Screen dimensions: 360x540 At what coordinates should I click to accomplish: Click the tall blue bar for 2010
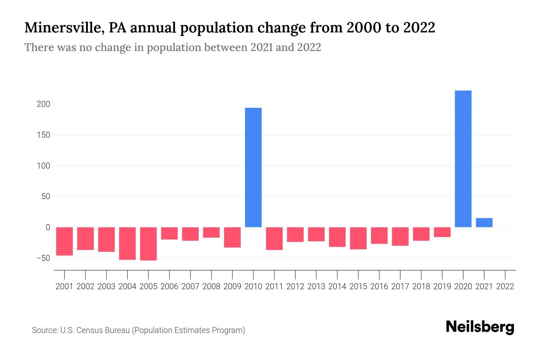click(x=253, y=167)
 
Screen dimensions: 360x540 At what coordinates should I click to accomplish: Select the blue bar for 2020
click(x=463, y=159)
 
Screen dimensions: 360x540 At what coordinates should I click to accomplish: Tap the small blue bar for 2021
click(x=484, y=223)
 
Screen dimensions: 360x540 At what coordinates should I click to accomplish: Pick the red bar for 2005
click(x=148, y=244)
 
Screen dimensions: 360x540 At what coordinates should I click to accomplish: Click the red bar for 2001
click(x=64, y=241)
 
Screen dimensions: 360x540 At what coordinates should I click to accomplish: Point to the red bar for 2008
click(x=211, y=232)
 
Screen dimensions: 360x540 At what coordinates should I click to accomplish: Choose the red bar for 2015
click(x=358, y=238)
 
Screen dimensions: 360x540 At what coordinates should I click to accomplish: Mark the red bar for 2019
click(x=442, y=232)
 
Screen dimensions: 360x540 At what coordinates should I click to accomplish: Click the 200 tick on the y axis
click(x=43, y=104)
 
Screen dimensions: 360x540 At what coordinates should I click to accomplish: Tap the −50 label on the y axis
click(x=43, y=258)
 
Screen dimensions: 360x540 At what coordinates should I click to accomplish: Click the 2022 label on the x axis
click(x=505, y=286)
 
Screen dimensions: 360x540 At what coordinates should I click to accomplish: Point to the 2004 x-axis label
click(x=127, y=286)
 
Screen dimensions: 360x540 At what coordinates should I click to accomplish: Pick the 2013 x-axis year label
click(x=316, y=286)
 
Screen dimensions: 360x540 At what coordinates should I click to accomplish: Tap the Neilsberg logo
click(x=480, y=327)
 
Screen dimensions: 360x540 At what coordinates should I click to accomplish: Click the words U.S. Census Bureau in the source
click(x=95, y=330)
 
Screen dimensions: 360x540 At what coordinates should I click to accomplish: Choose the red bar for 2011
click(x=274, y=238)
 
